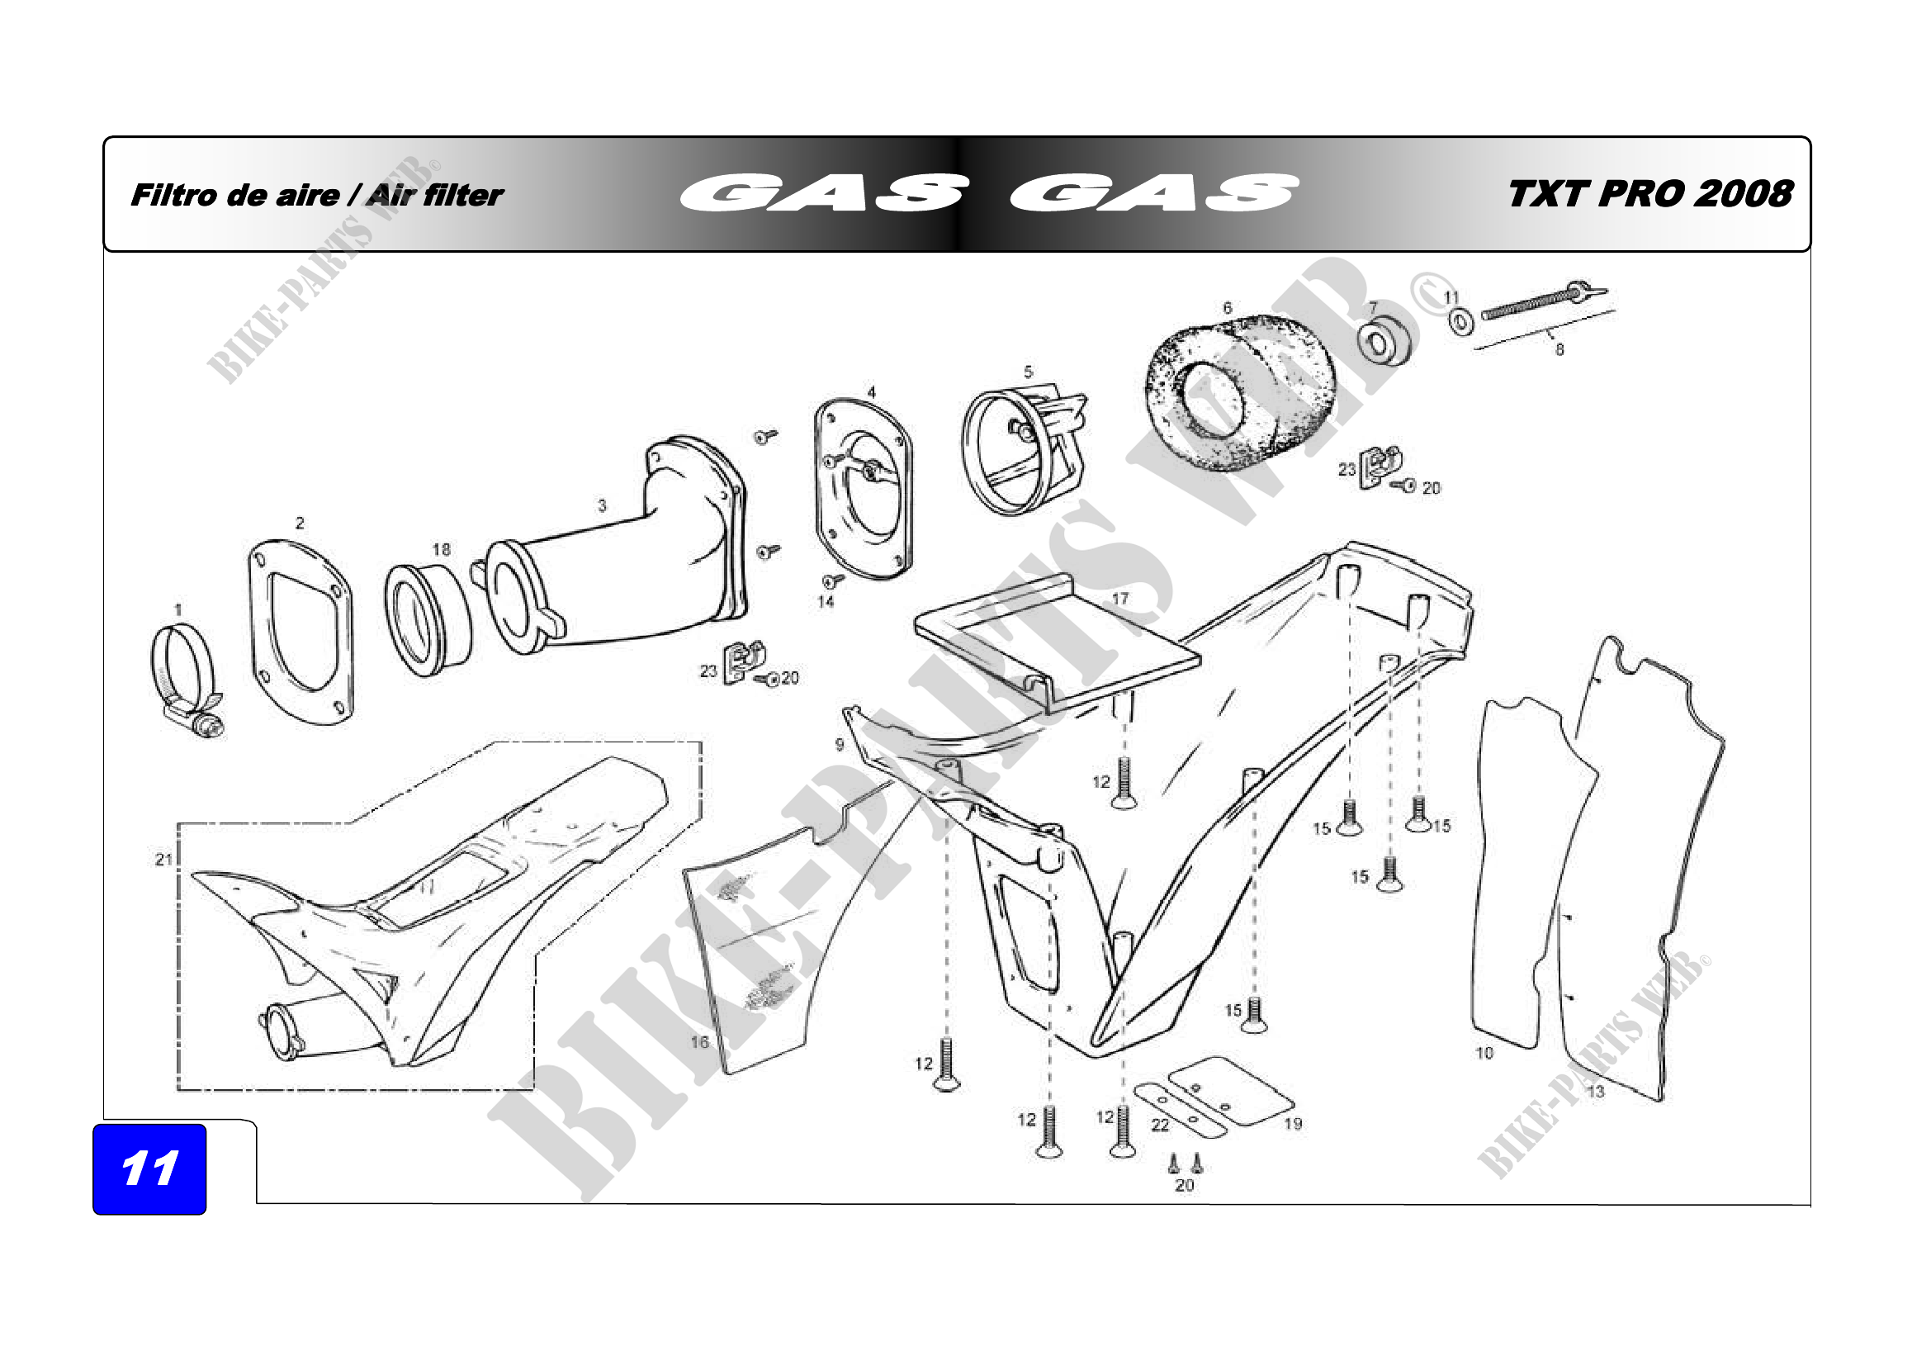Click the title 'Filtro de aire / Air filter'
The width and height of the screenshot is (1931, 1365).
coord(316,195)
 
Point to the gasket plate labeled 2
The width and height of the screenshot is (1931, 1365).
coord(301,633)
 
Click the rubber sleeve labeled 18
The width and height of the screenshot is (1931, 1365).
coord(428,620)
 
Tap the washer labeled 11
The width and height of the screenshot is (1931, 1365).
coord(1462,322)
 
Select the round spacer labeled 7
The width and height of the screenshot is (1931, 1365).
coord(1383,340)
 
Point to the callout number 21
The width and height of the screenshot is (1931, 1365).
coord(163,860)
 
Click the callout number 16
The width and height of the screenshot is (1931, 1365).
coord(700,1042)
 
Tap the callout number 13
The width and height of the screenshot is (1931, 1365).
coord(1596,1092)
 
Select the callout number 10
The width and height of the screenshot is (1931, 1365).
coord(1484,1053)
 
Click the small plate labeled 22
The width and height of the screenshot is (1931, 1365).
coord(1168,1109)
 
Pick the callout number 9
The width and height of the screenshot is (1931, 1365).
coord(840,744)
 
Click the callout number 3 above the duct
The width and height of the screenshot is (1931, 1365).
coord(602,505)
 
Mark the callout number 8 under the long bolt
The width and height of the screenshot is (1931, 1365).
coord(1559,350)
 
